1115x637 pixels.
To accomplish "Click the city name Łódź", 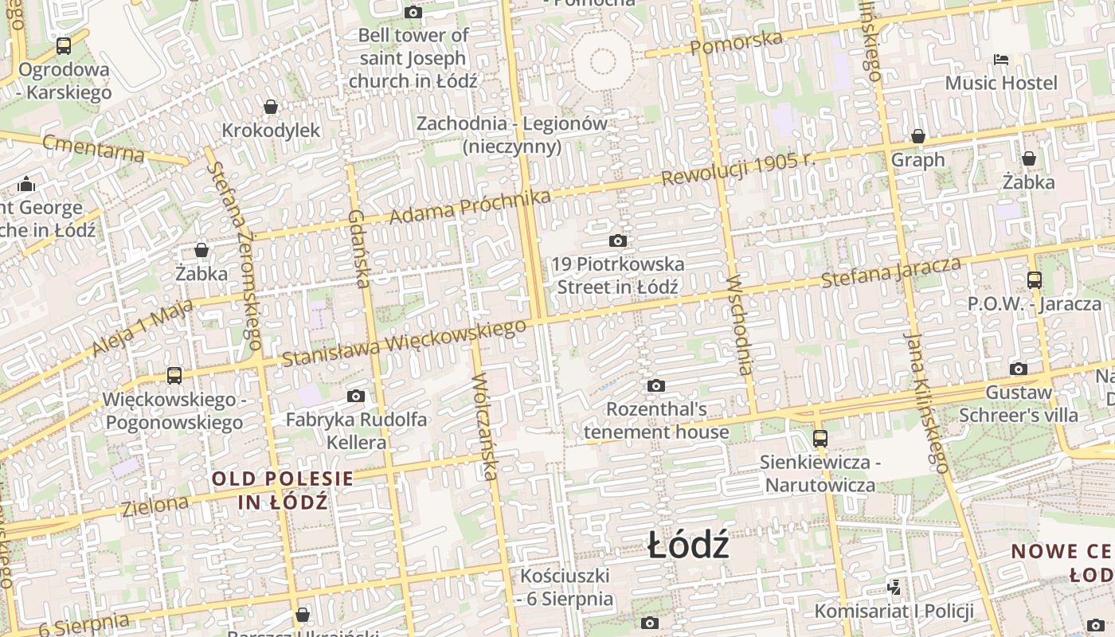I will pyautogui.click(x=688, y=546).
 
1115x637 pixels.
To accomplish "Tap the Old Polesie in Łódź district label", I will pyautogui.click(x=283, y=490).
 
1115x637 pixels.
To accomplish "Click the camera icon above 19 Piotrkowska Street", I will pyautogui.click(x=617, y=240).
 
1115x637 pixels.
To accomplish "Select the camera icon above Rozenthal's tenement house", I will pyautogui.click(x=656, y=386).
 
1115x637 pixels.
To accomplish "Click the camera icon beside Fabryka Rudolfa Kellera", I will pyautogui.click(x=356, y=396).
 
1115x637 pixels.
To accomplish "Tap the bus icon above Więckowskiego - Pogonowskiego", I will pyautogui.click(x=174, y=376).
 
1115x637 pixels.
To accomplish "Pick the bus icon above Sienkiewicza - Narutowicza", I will pyautogui.click(x=820, y=438).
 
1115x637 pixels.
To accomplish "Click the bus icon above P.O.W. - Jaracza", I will pyautogui.click(x=1035, y=280).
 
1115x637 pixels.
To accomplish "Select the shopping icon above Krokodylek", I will pyautogui.click(x=271, y=107).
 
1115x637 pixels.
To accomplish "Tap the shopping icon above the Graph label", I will pyautogui.click(x=918, y=136).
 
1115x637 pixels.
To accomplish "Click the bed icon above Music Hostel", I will pyautogui.click(x=1001, y=60).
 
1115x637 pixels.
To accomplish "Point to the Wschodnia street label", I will pyautogui.click(x=739, y=324).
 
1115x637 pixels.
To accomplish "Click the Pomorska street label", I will pyautogui.click(x=736, y=42).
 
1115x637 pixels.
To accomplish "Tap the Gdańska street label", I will pyautogui.click(x=359, y=248).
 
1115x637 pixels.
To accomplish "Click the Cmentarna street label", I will pyautogui.click(x=93, y=148).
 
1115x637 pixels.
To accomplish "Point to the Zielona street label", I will pyautogui.click(x=155, y=504).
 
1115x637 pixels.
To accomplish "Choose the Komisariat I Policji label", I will pyautogui.click(x=894, y=611).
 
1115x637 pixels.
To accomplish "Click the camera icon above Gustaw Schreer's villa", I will pyautogui.click(x=1019, y=369).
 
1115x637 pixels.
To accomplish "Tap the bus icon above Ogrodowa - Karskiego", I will pyautogui.click(x=64, y=46).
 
